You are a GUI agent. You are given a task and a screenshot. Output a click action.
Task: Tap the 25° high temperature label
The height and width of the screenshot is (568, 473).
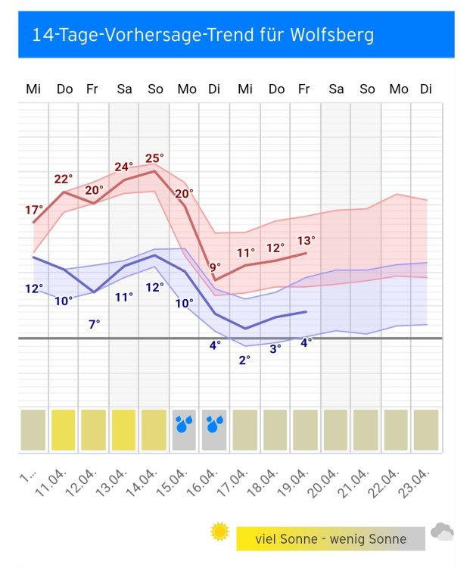[154, 158]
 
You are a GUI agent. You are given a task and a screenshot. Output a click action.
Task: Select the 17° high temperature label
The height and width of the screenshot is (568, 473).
[33, 210]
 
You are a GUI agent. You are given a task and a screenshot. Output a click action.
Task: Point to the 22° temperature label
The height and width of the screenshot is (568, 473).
[64, 179]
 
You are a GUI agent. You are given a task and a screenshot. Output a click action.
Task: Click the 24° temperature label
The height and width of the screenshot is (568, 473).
[124, 167]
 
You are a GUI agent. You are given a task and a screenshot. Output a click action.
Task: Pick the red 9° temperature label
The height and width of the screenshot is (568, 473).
[215, 267]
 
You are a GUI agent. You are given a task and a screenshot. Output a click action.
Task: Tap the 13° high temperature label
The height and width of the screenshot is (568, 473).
[306, 241]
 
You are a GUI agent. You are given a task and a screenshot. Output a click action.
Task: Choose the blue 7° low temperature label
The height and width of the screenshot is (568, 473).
[94, 324]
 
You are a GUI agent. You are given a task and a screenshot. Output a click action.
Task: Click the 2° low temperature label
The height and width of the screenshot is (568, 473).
[244, 360]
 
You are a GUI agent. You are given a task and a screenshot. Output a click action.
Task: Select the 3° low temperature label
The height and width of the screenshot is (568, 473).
[275, 348]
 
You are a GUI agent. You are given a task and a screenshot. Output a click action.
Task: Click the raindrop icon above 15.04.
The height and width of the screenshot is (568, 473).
[184, 424]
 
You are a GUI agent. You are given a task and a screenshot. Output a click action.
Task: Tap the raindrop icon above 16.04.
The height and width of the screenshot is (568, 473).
[215, 424]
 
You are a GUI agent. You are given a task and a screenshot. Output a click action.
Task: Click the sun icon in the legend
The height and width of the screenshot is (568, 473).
[219, 532]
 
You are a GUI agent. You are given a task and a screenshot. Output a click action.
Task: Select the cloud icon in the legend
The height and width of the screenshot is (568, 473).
[442, 532]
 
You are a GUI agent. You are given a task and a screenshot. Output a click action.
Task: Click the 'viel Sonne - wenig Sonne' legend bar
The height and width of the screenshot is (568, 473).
[331, 539]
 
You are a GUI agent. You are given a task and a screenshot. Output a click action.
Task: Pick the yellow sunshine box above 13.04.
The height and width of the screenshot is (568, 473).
[124, 430]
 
